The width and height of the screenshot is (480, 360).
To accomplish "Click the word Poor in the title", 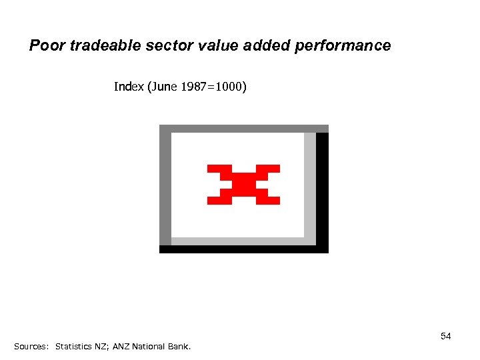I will coord(45,46).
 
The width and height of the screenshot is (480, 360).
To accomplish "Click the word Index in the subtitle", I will coord(128,87).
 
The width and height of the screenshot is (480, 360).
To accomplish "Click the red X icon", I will coord(243,184).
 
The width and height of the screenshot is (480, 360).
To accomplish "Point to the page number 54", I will coord(445,336).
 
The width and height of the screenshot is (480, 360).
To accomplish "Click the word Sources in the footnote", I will coord(31,347).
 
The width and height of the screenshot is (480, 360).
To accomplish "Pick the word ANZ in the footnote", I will coord(121,347).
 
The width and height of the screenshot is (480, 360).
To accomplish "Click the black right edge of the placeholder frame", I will coord(322,190).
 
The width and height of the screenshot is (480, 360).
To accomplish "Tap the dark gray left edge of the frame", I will coord(165,187).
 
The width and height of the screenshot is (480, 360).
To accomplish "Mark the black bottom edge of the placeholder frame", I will coord(243,249).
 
